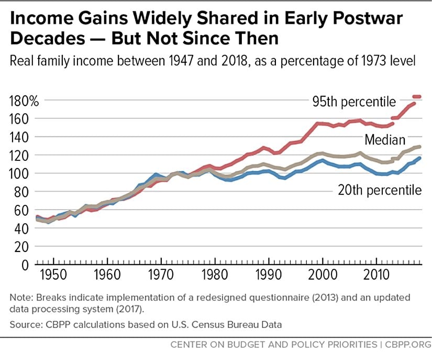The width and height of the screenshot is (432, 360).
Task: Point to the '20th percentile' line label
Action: (379, 190)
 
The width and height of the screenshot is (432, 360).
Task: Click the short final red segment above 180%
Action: (417, 96)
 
